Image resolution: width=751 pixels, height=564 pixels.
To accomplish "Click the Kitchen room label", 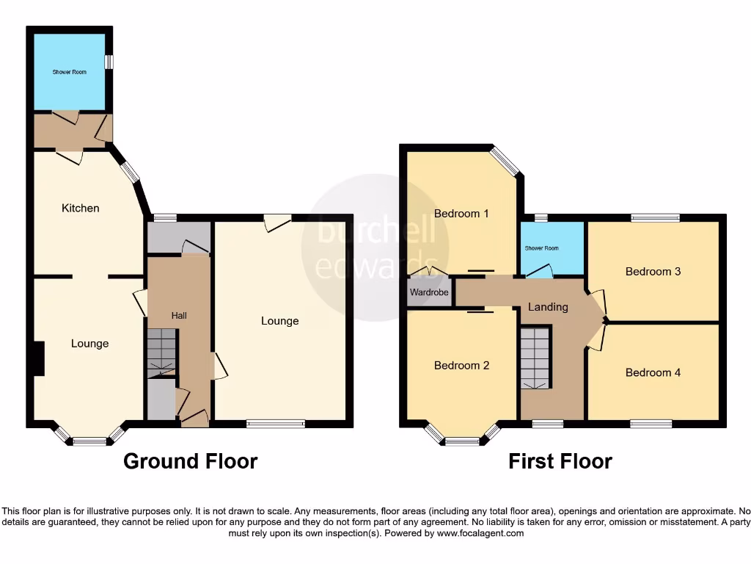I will [80, 208].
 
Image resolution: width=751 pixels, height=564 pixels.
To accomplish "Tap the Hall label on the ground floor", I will [179, 316].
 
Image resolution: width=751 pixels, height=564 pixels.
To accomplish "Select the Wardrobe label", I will [429, 292].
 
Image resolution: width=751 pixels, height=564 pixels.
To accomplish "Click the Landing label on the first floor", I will [548, 307].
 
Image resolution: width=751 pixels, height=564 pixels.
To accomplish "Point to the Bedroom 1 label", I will [461, 214].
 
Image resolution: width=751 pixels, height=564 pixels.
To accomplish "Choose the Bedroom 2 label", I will [461, 366].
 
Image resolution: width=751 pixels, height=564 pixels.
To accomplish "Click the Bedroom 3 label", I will [653, 271].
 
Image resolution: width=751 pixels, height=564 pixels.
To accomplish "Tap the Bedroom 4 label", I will [653, 372].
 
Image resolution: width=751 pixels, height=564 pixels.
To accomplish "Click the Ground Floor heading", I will [190, 461].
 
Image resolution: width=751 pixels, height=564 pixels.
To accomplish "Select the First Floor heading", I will [560, 461].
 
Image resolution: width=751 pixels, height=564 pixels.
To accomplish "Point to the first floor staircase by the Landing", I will [535, 358].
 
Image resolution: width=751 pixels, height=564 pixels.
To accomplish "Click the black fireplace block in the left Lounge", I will [38, 359].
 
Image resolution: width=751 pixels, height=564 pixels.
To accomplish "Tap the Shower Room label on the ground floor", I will [69, 72].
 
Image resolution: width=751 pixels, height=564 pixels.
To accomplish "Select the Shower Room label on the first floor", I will [541, 248].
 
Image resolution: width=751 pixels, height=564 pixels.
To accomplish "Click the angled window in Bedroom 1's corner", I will [505, 162].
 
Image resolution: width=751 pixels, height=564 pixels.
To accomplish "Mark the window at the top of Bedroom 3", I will [655, 217].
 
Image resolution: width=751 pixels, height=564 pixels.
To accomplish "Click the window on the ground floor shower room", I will [109, 62].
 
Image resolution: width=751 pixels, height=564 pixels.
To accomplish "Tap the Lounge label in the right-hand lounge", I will [280, 321].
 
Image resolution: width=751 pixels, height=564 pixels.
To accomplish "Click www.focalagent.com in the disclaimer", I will [480, 533].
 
